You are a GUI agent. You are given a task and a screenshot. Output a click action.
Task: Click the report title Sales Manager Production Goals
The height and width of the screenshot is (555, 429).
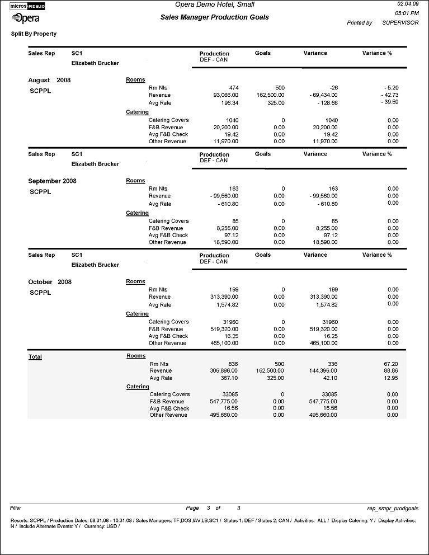(x=214, y=17)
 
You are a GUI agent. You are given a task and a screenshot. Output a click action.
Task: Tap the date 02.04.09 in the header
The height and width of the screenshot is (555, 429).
(x=407, y=4)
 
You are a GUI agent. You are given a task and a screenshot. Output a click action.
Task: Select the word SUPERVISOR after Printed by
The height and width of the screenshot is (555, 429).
(x=400, y=23)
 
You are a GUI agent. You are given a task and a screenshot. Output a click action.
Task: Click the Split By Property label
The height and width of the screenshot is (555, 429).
(x=34, y=34)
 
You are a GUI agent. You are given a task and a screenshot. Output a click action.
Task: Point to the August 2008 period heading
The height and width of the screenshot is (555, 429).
(x=49, y=80)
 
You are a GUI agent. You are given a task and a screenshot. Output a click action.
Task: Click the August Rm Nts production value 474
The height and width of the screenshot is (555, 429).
(x=234, y=88)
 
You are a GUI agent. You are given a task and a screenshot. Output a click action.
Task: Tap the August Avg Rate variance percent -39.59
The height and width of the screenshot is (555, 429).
(x=387, y=102)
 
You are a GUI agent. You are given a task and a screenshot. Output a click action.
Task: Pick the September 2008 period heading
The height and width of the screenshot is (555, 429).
(x=52, y=181)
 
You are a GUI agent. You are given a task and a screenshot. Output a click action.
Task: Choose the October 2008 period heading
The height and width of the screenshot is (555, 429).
(x=50, y=281)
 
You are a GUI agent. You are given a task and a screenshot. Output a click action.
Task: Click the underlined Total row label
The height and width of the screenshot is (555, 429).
(x=35, y=356)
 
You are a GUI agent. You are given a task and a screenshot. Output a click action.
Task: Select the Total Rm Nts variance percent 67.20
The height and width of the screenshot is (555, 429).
(x=391, y=364)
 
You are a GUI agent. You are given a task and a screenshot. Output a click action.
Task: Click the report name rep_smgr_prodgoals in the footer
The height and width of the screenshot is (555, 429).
(x=392, y=508)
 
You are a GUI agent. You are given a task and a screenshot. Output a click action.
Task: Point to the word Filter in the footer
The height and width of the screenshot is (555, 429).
(x=16, y=508)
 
